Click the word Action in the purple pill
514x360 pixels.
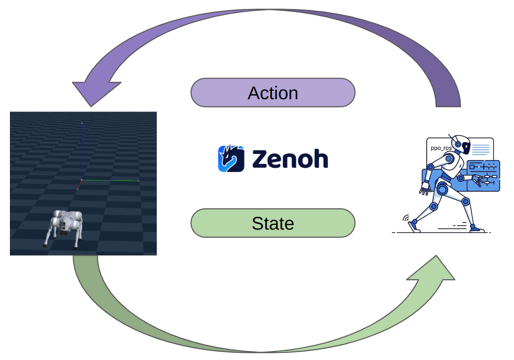coord(273,93)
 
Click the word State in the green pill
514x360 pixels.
coord(273,223)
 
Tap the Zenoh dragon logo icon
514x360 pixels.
coord(231,159)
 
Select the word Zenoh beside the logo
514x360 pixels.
coord(290,159)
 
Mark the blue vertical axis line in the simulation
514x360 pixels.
coord(82,151)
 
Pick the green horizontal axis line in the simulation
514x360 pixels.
coord(110,180)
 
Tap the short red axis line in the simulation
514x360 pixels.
coord(79,185)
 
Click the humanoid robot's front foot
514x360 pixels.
coord(476,229)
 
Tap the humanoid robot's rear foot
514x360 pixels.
coord(414,225)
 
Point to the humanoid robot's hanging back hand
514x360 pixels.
coord(424,191)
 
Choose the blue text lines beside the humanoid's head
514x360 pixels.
coord(480,150)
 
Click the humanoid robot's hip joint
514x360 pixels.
coord(442,190)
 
